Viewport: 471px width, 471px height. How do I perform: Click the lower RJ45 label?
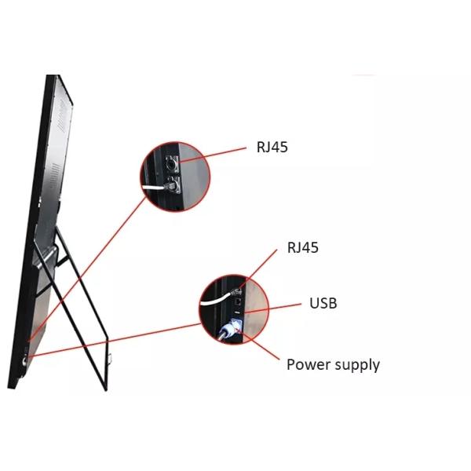[x=303, y=248]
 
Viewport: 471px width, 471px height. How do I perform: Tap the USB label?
[x=323, y=303]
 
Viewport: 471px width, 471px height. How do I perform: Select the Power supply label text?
[x=333, y=364]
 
